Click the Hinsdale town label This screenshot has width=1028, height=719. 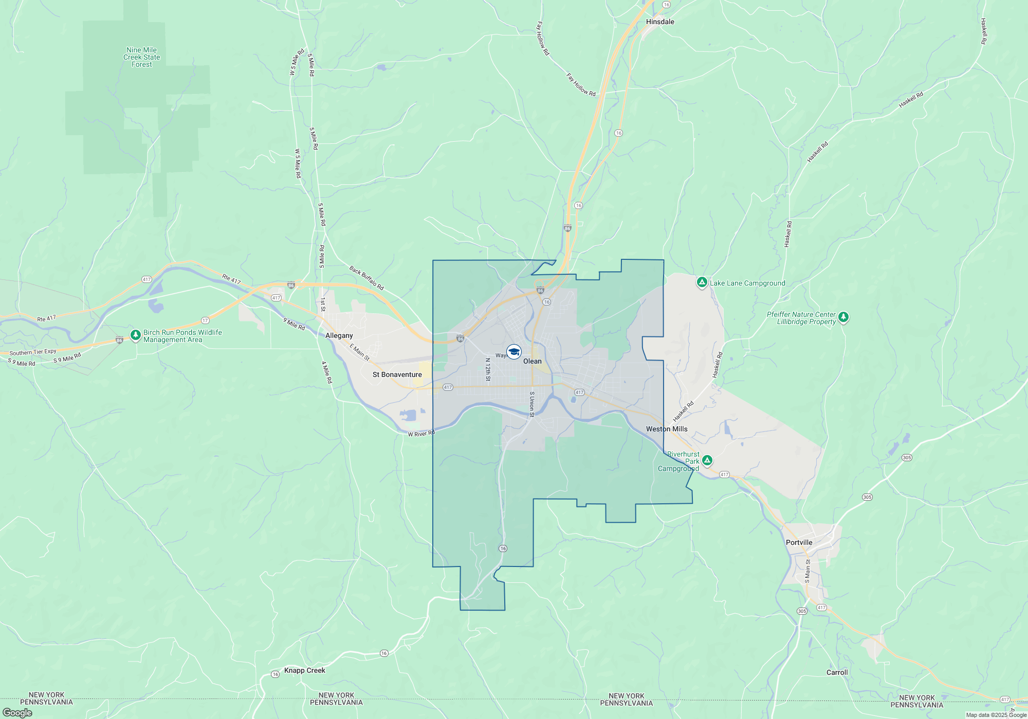coord(660,22)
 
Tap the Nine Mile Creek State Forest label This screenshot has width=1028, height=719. coord(142,57)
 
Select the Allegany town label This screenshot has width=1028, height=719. coord(339,335)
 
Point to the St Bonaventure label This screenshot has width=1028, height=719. coord(397,374)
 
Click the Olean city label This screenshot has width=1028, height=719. coord(533,361)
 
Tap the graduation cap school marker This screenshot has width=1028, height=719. coord(514,352)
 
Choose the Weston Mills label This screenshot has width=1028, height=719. coord(667,429)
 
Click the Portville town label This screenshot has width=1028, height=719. coord(799,542)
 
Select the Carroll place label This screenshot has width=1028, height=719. coord(837,672)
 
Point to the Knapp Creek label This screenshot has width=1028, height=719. coord(305,670)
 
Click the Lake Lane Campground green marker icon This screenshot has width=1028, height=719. coord(702,282)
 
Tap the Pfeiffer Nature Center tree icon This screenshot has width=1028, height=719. coord(843,317)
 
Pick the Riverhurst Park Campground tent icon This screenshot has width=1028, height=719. coord(707,460)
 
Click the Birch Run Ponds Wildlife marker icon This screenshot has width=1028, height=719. coord(136,335)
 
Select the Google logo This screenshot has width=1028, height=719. coord(17,713)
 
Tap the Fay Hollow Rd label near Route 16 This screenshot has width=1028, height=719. coord(581,85)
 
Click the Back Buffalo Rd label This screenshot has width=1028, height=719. coord(366,278)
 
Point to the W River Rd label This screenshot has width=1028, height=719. coord(421,434)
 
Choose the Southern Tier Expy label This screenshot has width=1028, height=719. coord(33,352)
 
